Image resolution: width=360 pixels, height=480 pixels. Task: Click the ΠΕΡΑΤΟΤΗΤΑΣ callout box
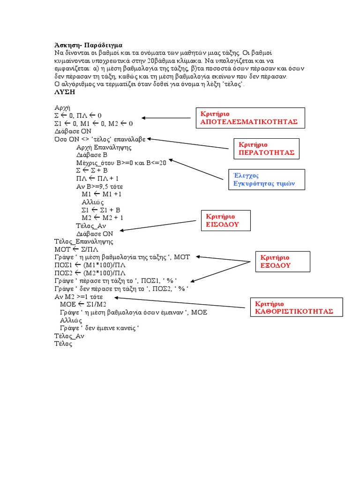[266, 149]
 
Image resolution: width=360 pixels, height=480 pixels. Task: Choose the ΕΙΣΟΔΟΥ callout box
[225, 220]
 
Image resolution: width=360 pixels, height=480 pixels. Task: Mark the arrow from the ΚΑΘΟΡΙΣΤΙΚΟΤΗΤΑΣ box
[180, 302]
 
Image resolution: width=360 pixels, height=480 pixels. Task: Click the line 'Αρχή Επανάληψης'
[104, 147]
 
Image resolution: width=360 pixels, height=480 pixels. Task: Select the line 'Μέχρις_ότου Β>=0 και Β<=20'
[121, 162]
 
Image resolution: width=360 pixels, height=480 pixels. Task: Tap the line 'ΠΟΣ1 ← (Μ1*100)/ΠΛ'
[90, 265]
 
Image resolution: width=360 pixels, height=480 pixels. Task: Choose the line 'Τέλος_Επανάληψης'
[84, 241]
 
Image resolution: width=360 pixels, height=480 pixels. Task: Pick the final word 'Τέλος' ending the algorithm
[63, 344]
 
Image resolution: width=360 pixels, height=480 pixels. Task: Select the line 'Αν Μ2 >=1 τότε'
[78, 297]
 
